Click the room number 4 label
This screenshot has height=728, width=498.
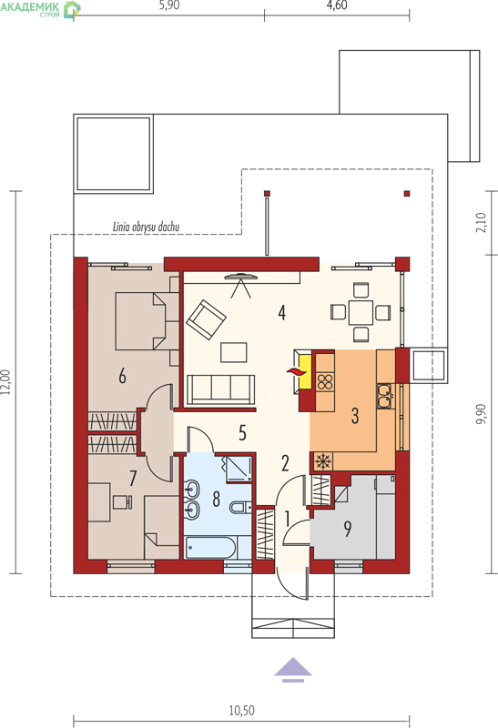click(x=281, y=312)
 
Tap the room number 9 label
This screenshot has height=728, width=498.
click(x=348, y=529)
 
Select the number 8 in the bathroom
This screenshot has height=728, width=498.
click(x=216, y=499)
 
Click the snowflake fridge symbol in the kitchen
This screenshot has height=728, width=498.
click(x=321, y=461)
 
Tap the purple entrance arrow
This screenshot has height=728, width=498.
click(x=292, y=670)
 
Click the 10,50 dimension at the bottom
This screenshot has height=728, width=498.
click(x=241, y=711)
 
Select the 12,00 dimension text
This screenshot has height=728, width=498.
click(x=5, y=381)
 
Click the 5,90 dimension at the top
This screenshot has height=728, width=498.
click(x=169, y=5)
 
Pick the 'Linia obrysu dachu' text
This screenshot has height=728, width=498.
click(x=146, y=227)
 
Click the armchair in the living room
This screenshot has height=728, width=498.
click(x=206, y=319)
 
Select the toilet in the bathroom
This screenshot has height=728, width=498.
click(x=240, y=508)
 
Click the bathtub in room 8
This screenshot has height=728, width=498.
click(x=211, y=548)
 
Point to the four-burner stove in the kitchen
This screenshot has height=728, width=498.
click(x=325, y=381)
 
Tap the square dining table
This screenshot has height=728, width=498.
click(x=361, y=312)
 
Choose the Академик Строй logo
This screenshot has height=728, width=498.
click(x=40, y=8)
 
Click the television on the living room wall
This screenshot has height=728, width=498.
click(x=240, y=278)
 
